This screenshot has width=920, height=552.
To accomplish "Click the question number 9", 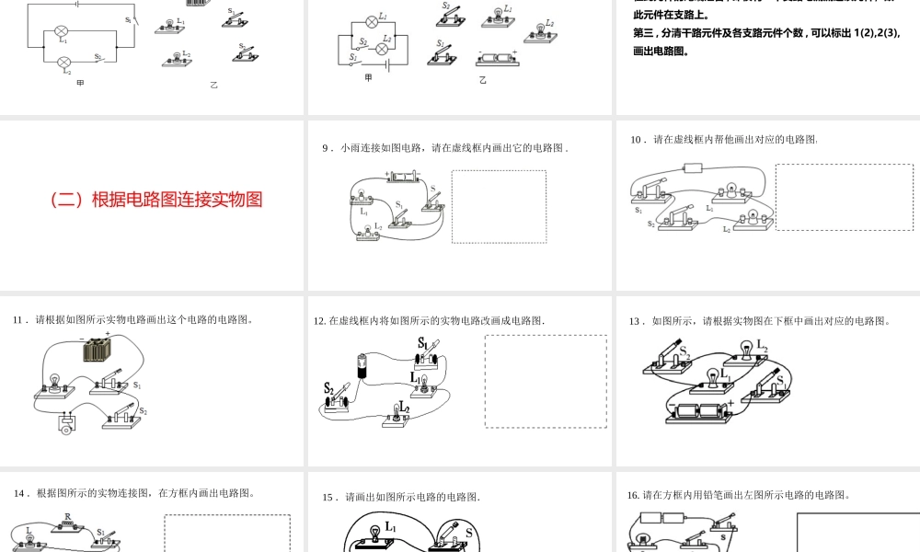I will (326, 147).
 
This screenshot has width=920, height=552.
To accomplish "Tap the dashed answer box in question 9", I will (499, 206).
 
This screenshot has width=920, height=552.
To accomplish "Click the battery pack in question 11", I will (97, 350).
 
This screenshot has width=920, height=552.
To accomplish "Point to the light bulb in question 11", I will (54, 381).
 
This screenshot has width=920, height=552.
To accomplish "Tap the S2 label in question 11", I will (143, 411).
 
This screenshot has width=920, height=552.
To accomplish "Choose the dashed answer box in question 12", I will (546, 381).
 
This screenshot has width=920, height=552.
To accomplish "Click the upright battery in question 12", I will (362, 366).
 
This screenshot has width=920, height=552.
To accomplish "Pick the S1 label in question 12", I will (423, 343).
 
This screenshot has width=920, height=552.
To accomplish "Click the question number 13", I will (634, 321).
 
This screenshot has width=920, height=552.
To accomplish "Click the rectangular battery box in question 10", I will (693, 168).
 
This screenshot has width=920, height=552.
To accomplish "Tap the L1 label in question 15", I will (392, 527).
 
